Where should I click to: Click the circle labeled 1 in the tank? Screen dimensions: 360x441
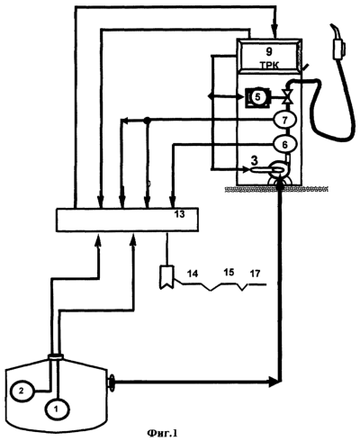coord(57,409)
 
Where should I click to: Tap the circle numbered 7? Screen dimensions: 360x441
coord(284,120)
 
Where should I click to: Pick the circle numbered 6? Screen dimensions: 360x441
coord(284,145)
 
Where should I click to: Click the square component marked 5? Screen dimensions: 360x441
coord(257,97)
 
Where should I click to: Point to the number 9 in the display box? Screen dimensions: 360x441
coord(269,51)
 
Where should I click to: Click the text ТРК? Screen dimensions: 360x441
coord(269,66)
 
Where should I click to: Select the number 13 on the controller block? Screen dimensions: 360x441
coord(179,214)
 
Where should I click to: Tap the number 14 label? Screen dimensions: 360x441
coord(193,274)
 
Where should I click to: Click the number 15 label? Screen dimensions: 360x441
coord(229,272)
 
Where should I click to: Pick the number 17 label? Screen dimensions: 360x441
coord(255,274)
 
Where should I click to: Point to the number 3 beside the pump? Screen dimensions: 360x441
coord(255,161)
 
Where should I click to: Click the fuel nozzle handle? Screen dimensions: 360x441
coord(338,45)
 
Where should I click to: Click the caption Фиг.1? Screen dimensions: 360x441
coord(162,433)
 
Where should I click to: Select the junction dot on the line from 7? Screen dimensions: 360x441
coord(147,120)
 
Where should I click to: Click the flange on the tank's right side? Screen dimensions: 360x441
coord(112,382)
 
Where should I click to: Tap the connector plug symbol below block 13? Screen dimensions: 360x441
coord(166,277)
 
